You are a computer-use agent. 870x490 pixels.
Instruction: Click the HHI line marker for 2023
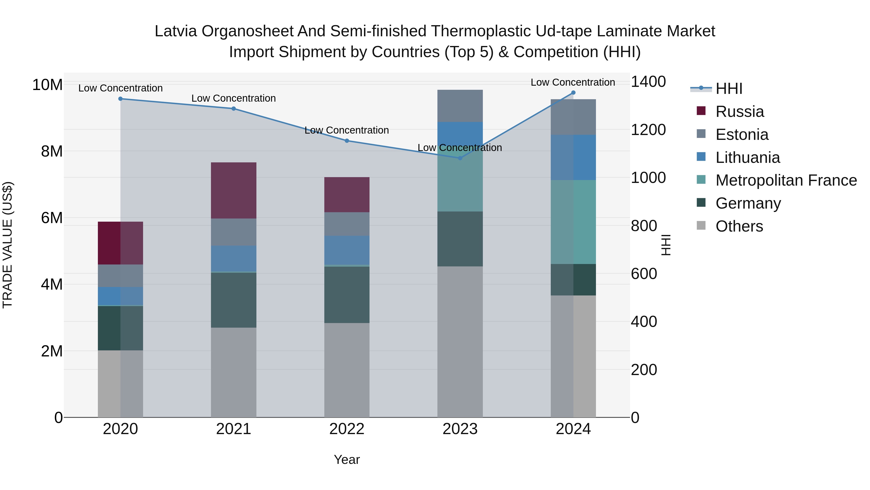click(x=460, y=158)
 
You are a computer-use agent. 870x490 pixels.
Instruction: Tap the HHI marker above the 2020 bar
click(x=120, y=99)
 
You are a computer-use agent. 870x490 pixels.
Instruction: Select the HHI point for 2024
click(x=573, y=93)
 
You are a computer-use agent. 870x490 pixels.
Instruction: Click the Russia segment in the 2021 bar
click(x=233, y=190)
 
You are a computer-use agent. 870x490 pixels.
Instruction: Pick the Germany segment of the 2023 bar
click(x=460, y=239)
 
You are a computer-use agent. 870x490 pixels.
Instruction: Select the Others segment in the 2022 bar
click(x=347, y=370)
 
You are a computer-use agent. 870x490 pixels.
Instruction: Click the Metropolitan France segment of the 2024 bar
click(x=573, y=222)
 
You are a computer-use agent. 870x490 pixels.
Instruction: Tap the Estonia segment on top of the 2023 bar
click(x=460, y=106)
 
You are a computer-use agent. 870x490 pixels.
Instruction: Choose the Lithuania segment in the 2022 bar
click(x=347, y=250)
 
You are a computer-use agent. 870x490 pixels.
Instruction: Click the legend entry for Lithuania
click(x=747, y=158)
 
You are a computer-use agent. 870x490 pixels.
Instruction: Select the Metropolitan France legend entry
click(x=786, y=180)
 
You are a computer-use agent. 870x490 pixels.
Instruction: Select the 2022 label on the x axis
click(x=347, y=429)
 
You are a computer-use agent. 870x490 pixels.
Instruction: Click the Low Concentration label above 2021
click(x=233, y=98)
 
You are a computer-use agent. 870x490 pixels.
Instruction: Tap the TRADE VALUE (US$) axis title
click(x=7, y=245)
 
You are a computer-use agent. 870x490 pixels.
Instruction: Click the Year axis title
click(x=347, y=460)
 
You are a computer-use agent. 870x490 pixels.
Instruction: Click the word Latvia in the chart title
click(x=176, y=31)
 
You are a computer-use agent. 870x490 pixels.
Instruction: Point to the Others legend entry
click(x=739, y=226)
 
